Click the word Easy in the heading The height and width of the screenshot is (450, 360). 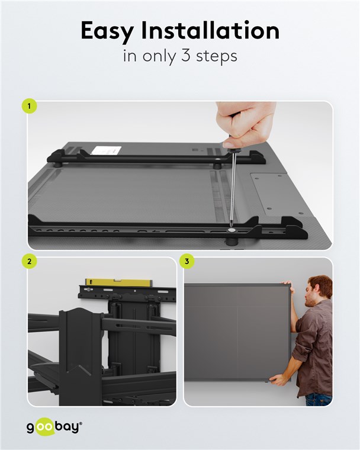107,31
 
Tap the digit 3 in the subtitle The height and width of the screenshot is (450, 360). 186,55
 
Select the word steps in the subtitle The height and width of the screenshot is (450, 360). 217,56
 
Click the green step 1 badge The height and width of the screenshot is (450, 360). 29,106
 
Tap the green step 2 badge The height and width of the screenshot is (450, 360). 29,262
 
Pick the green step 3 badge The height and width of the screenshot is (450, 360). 187,262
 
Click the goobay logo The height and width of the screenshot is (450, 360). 54,428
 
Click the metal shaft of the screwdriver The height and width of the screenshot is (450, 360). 233,189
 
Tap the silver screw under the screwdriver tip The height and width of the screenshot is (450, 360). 230,230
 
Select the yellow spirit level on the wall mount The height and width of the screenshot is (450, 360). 118,282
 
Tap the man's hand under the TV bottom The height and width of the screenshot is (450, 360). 277,380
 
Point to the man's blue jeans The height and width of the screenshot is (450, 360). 319,399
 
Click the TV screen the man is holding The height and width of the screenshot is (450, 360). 237,332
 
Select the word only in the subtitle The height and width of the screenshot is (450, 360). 159,56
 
